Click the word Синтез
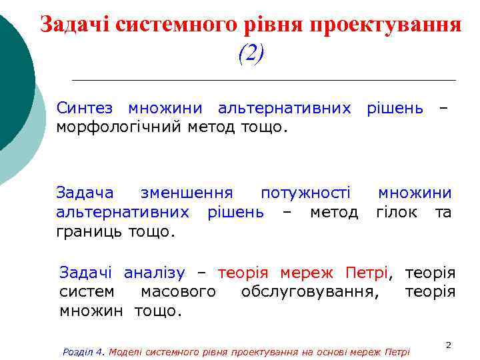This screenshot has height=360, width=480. tap(85, 108)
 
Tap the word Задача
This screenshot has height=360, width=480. tap(85, 193)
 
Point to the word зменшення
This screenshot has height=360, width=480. tap(187, 193)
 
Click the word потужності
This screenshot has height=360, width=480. tap(305, 193)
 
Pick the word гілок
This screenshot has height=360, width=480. tap(397, 213)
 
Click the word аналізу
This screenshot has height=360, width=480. tap(155, 273)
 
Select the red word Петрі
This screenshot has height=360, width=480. tap(366, 273)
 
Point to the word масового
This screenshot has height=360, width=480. tap(178, 292)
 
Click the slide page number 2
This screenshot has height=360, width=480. tap(448, 345)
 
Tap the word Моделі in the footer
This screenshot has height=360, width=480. tap(125, 351)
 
